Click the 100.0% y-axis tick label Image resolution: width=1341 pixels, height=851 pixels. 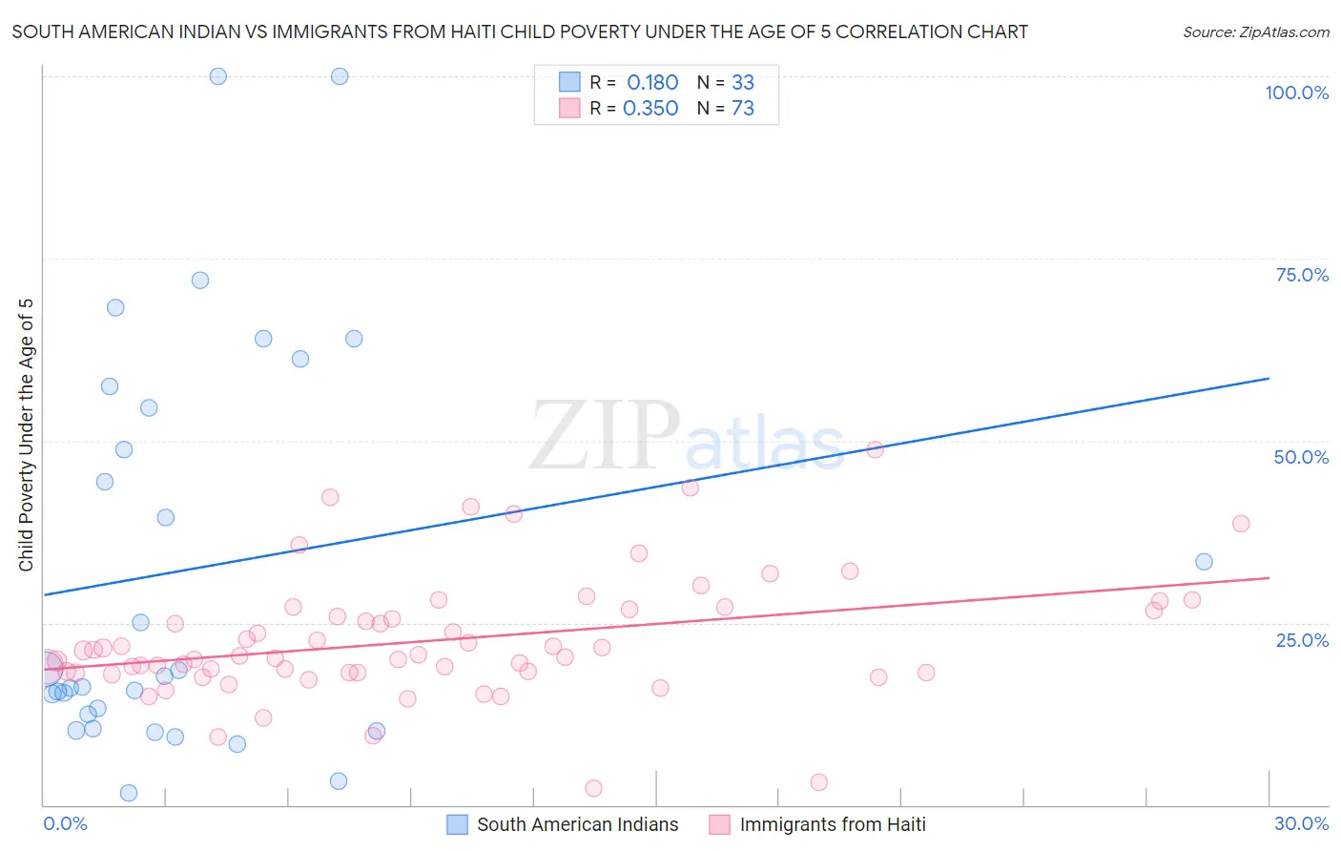click(x=1296, y=93)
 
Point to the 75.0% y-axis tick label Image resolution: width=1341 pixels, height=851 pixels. click(x=1302, y=275)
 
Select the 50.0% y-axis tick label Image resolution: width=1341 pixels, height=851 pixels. click(x=1301, y=457)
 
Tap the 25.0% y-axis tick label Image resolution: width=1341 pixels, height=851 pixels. click(x=1302, y=639)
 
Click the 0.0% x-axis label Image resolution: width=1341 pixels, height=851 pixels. click(x=65, y=823)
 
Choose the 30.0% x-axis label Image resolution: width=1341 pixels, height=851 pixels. click(x=1301, y=823)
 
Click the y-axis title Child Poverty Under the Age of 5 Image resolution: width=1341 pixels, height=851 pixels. click(x=26, y=435)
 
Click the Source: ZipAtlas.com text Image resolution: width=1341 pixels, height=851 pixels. click(x=1255, y=32)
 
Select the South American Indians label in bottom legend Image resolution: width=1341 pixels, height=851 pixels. click(x=577, y=824)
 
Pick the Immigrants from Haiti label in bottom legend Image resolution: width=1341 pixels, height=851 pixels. click(x=833, y=824)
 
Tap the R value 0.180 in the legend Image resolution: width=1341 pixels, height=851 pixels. click(x=652, y=83)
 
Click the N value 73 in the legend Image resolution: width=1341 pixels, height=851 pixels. click(x=742, y=109)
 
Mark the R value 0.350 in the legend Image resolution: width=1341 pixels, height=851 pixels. click(x=650, y=109)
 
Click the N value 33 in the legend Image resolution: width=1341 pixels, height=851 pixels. click(x=742, y=83)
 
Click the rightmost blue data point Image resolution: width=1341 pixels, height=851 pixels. click(x=1204, y=562)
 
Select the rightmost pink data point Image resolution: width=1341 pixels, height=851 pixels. click(x=1241, y=523)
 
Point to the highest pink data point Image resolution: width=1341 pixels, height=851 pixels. click(x=875, y=449)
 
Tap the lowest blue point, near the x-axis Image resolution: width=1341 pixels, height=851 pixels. click(x=129, y=793)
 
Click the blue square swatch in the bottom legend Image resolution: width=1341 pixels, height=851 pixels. click(x=458, y=824)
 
